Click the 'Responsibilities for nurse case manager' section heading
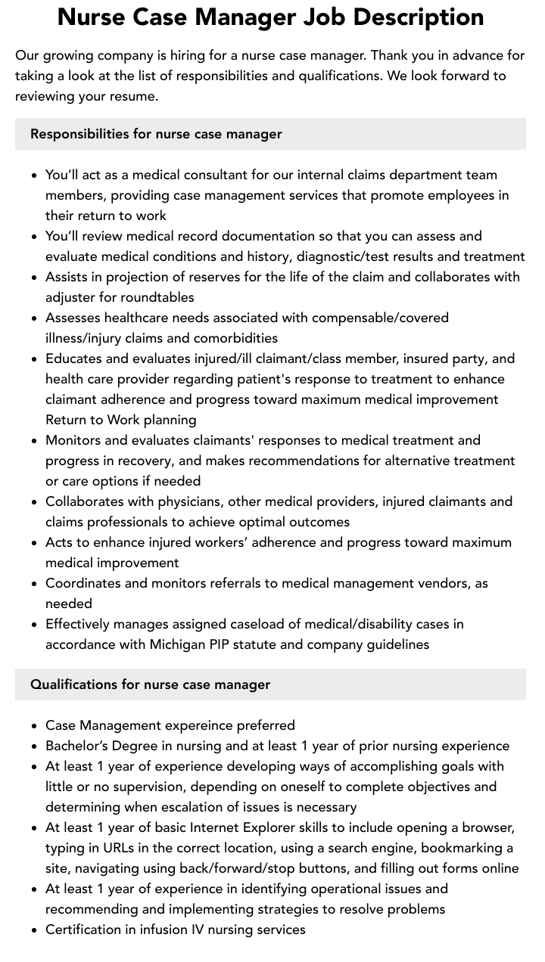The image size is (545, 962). [156, 134]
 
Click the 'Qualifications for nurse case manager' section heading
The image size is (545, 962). [150, 684]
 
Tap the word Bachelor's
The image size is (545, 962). [78, 746]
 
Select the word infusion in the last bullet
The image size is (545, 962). [157, 929]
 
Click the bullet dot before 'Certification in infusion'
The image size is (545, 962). [34, 929]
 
